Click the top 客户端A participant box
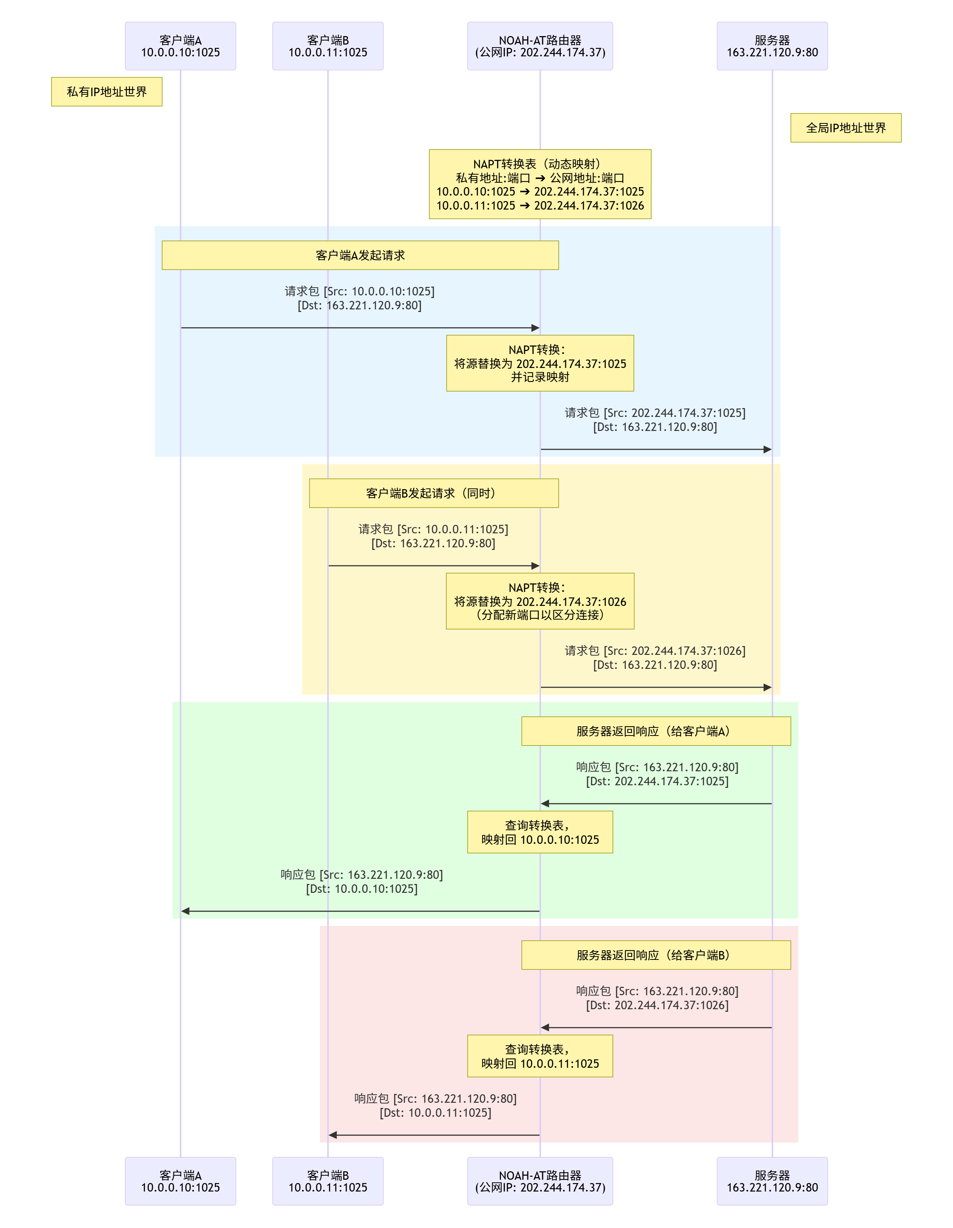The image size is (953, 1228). coord(180,46)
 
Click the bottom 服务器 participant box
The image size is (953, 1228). coord(772,1181)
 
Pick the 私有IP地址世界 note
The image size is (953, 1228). coord(107,92)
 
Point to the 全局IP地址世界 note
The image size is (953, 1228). coord(845,128)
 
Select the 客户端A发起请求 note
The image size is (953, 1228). coord(360,255)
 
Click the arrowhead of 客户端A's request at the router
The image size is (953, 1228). coord(535,328)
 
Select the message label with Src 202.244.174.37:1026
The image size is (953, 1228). coord(655,657)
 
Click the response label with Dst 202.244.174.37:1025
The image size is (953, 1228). coord(657,774)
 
